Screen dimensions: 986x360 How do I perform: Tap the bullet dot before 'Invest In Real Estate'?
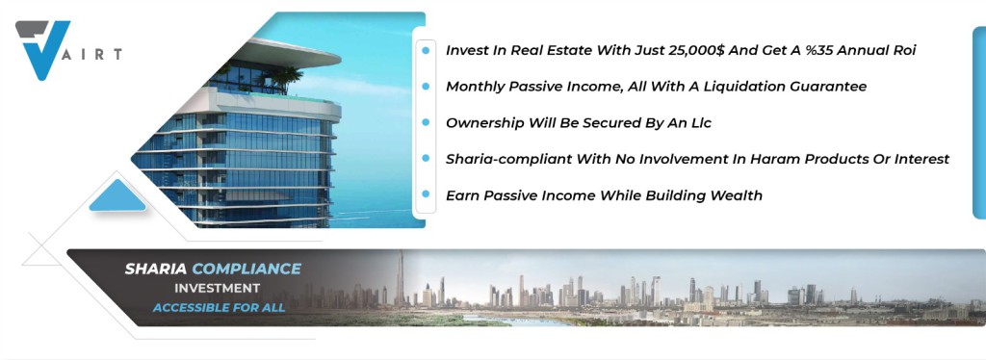point(426,50)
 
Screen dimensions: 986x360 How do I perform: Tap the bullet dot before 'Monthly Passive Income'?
point(426,86)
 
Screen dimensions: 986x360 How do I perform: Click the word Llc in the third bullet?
point(700,122)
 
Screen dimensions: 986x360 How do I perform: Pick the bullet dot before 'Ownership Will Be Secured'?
point(426,122)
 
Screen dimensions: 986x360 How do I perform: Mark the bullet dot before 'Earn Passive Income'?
point(426,194)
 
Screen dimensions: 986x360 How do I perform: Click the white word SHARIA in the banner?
point(155,269)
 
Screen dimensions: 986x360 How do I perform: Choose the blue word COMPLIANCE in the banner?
point(246,269)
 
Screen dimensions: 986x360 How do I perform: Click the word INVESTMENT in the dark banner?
point(217,289)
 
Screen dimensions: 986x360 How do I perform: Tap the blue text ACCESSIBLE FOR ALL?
point(219,308)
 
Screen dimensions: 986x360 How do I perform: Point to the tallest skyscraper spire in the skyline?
point(399,276)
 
